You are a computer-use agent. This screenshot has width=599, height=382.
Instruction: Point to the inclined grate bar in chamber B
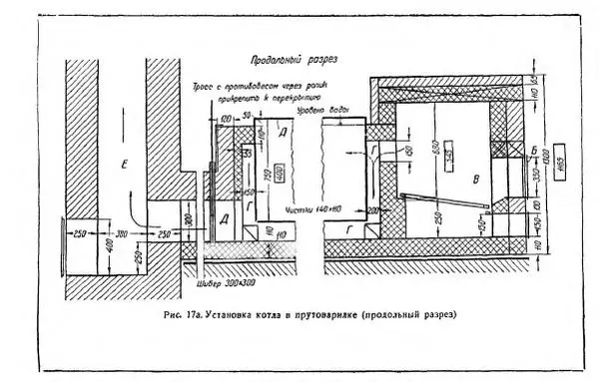tap(439, 199)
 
